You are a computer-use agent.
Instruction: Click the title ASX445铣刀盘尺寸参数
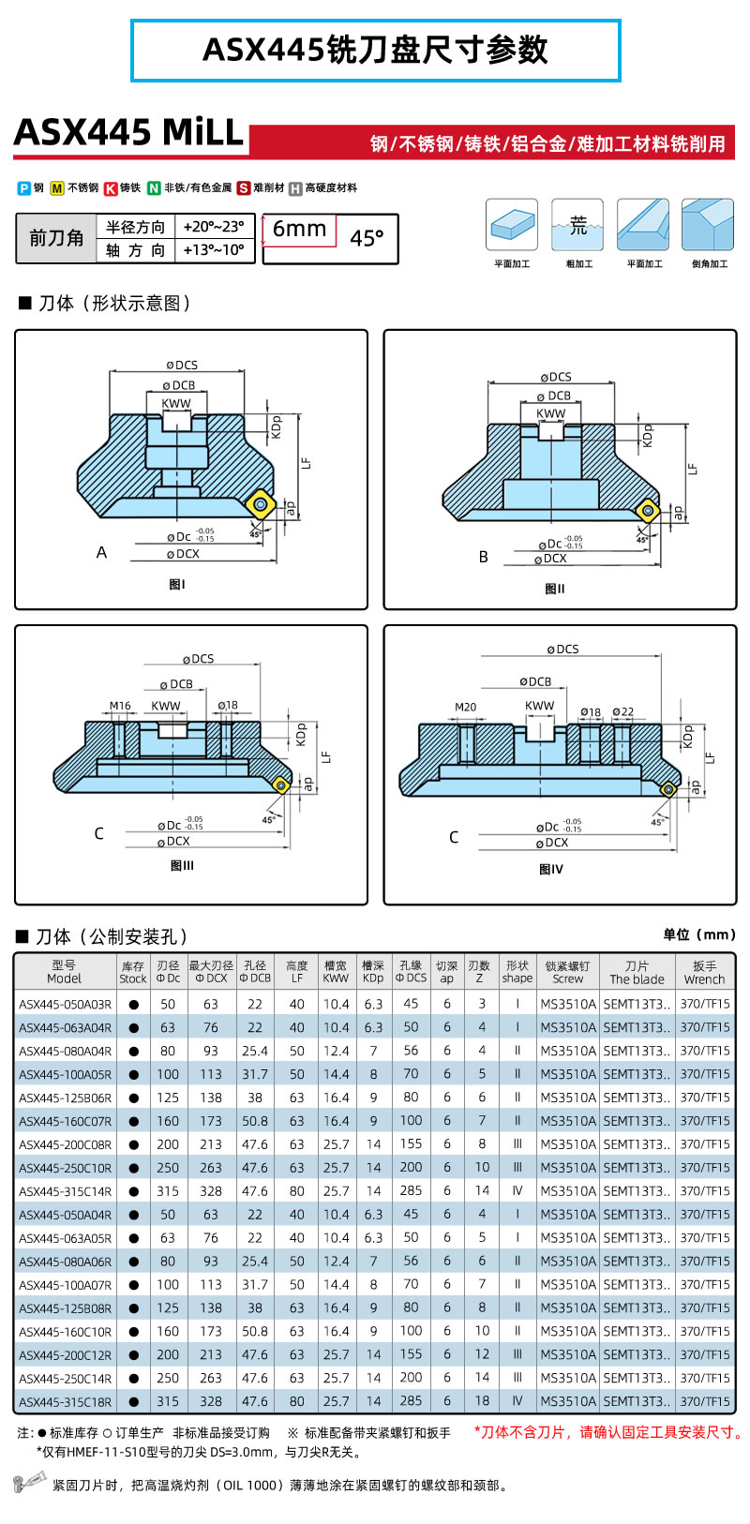click(x=375, y=50)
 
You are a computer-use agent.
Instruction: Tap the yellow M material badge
click(x=57, y=188)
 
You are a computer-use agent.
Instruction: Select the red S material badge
click(x=244, y=188)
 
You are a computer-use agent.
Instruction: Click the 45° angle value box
click(x=367, y=239)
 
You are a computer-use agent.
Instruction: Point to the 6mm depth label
click(x=299, y=229)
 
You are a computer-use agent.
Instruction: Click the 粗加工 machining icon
click(x=577, y=225)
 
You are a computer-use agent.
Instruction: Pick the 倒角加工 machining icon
click(x=708, y=225)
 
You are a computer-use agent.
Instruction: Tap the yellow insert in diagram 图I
click(x=260, y=506)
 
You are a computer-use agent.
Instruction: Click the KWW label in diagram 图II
click(x=550, y=412)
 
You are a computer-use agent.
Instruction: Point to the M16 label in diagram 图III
click(x=120, y=706)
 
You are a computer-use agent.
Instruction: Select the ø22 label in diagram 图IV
click(x=622, y=712)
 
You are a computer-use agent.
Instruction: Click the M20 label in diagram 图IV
click(x=465, y=707)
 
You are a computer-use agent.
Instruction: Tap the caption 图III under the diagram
click(x=182, y=865)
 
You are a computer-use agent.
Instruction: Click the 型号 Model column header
click(x=64, y=972)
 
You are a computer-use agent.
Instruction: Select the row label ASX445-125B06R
click(x=65, y=1098)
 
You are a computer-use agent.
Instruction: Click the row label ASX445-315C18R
click(x=65, y=1402)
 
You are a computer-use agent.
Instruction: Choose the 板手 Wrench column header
click(x=704, y=972)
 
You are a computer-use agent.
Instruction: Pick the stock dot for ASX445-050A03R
click(x=133, y=1004)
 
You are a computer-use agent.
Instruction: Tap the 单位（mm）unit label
click(x=699, y=934)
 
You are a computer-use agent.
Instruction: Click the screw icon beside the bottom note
click(x=29, y=1483)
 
